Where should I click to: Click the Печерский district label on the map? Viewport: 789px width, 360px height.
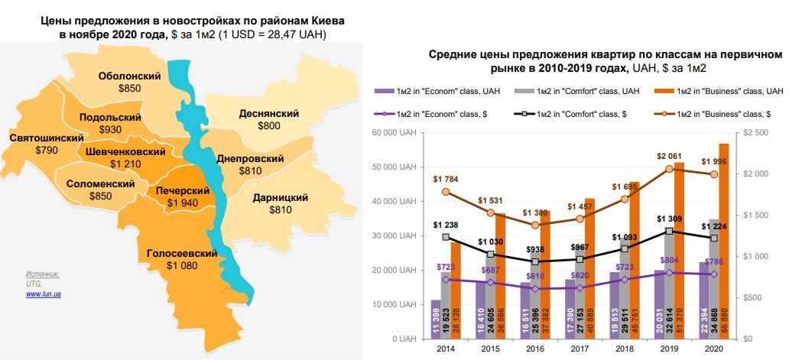pos(183,190)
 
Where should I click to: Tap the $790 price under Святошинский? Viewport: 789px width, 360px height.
pos(47,151)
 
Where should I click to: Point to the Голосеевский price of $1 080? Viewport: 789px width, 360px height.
pos(181,265)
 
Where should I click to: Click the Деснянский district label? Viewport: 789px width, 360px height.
pos(268,113)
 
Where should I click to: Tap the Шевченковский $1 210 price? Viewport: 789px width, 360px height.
pos(125,164)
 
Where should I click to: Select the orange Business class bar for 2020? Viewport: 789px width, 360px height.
pos(723,242)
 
